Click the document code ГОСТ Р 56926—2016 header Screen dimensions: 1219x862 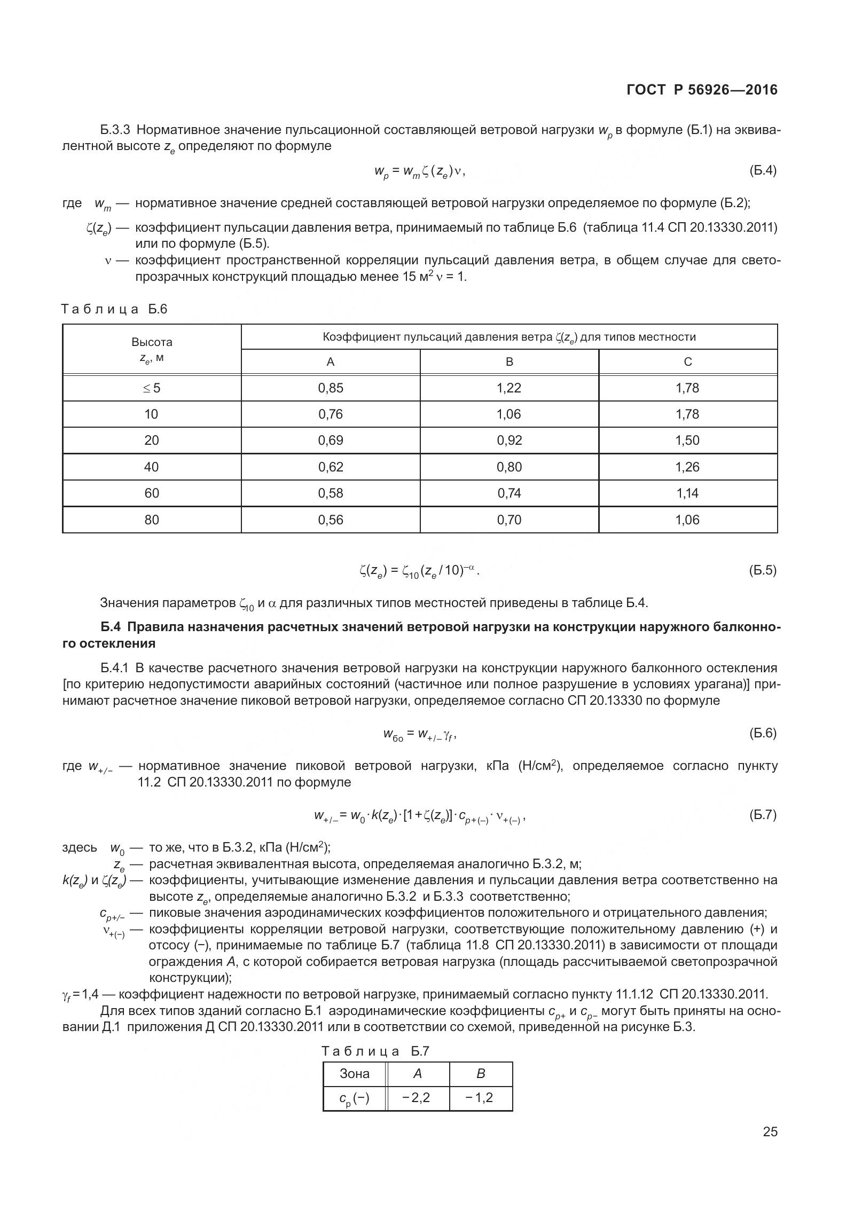pyautogui.click(x=702, y=90)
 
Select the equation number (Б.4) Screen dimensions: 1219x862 pyautogui.click(x=763, y=171)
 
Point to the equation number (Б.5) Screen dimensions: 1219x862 pyautogui.click(x=763, y=570)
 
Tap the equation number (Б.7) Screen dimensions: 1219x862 pyautogui.click(x=763, y=815)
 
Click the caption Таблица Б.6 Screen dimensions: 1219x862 pyautogui.click(x=115, y=309)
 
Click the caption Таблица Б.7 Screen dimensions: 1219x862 pyautogui.click(x=375, y=1051)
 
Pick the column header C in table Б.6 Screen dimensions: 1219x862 pyautogui.click(x=688, y=362)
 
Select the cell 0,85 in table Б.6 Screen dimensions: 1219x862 pyautogui.click(x=331, y=388)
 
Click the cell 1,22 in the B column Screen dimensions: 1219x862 pyautogui.click(x=509, y=388)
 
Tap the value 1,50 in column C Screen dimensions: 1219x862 pyautogui.click(x=687, y=441)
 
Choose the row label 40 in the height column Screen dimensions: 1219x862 pyautogui.click(x=152, y=467)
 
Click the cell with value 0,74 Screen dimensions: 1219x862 pyautogui.click(x=509, y=493)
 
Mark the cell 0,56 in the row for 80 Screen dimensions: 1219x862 pyautogui.click(x=331, y=520)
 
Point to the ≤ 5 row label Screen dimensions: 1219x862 pyautogui.click(x=152, y=388)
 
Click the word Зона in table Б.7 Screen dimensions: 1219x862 pyautogui.click(x=355, y=1074)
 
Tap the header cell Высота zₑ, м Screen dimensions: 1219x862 pyautogui.click(x=152, y=350)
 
